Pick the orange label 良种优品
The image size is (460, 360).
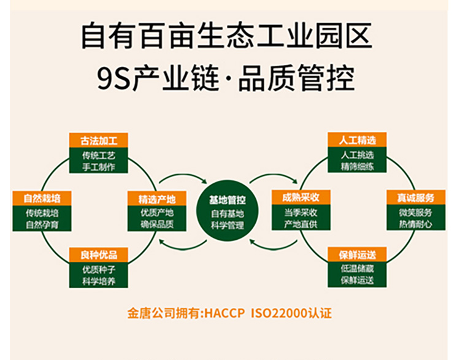point(98,255)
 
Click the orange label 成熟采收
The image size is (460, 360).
point(301,197)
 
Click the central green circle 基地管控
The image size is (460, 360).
point(227,212)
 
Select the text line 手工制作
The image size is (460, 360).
point(98,167)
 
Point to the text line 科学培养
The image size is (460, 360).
point(98,281)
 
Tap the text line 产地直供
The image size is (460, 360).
point(301,223)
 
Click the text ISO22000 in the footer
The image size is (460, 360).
point(282,313)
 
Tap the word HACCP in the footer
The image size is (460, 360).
point(224,313)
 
